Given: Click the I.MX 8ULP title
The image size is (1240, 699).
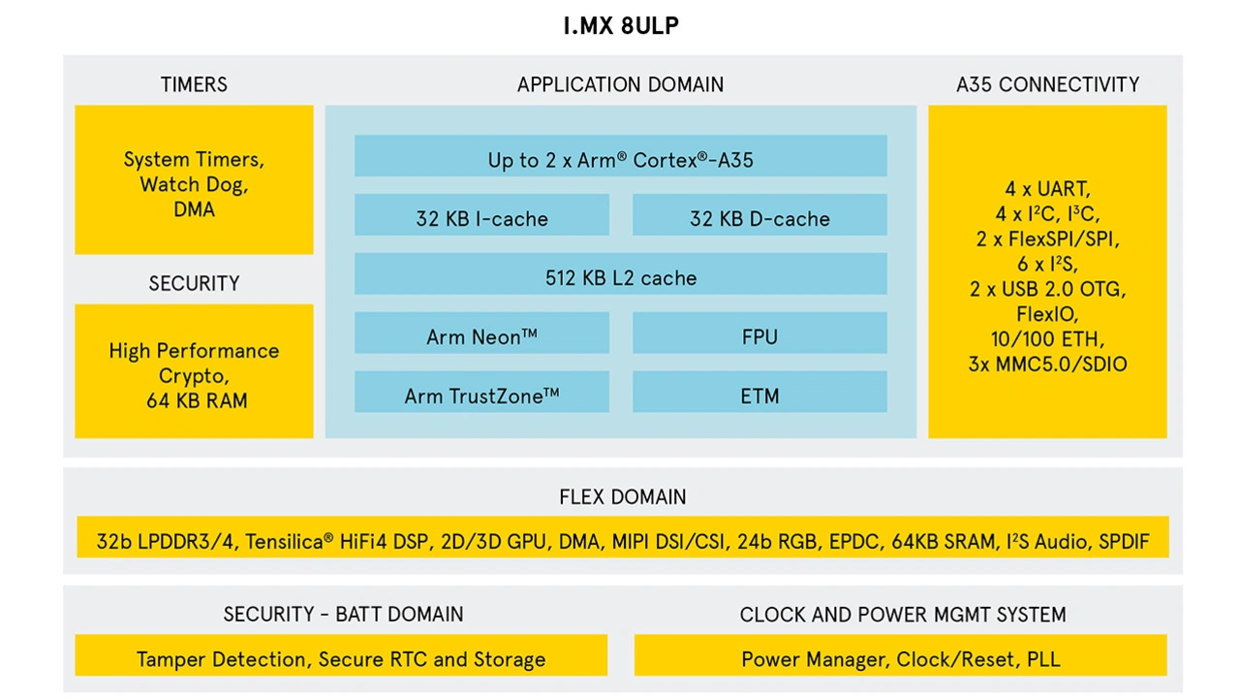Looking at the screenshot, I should [x=620, y=26].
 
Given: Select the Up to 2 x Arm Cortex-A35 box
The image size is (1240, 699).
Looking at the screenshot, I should [x=620, y=156].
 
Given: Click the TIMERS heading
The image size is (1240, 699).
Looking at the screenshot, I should [x=194, y=85].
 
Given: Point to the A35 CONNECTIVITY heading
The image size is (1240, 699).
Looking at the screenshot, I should [x=1047, y=85].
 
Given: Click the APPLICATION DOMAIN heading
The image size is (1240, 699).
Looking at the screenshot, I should [x=620, y=85].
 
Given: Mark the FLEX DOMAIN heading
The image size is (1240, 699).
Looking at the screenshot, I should [x=622, y=497].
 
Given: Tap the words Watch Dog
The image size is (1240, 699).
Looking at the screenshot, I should [x=193, y=185].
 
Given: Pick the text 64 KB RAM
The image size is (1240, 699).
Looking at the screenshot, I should [x=197, y=400].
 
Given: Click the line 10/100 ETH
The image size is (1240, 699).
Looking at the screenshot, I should [x=1047, y=340].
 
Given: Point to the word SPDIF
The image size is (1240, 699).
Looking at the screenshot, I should [x=1124, y=542].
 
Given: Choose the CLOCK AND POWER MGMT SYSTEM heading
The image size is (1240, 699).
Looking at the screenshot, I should [x=902, y=615].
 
